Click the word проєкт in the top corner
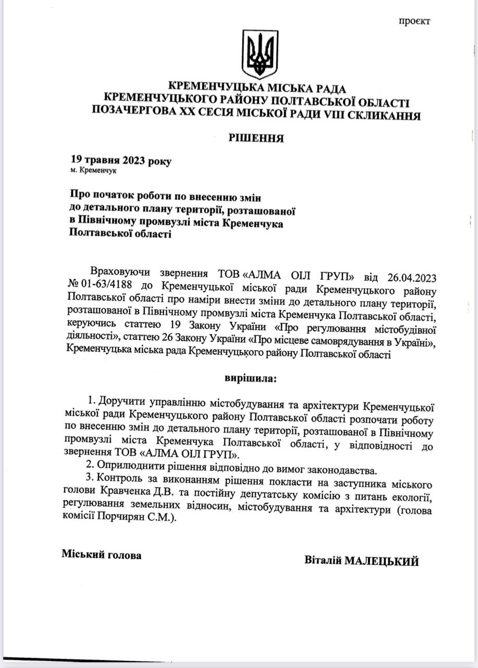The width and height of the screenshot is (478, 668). click(x=415, y=21)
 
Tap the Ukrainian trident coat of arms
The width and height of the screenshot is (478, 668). click(x=260, y=54)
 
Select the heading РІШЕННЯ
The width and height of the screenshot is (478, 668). click(x=256, y=138)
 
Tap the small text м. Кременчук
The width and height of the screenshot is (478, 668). click(x=94, y=171)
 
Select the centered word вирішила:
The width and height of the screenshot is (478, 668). click(x=251, y=377)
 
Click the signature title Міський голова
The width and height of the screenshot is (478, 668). click(x=102, y=555)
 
